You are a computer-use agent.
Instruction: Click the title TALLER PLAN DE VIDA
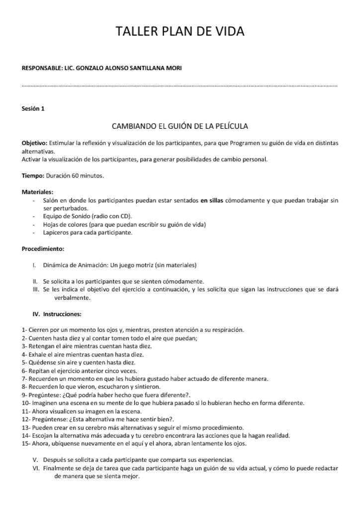tap(180, 32)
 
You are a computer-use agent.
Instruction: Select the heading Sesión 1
tap(33, 108)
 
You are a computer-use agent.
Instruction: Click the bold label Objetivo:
tap(34, 143)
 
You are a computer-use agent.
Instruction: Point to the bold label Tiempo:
tap(33, 175)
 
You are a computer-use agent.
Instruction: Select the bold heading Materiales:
tap(37, 191)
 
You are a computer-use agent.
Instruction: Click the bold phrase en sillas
tap(211, 200)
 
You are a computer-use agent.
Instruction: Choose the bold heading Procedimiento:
tap(43, 249)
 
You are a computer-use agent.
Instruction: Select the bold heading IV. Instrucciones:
tap(57, 314)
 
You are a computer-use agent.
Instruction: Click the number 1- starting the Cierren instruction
tap(24, 330)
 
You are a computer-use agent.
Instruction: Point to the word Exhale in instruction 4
tap(37, 354)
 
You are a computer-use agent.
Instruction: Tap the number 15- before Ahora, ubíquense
tap(26, 444)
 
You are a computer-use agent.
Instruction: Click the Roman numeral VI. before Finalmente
tap(36, 468)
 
